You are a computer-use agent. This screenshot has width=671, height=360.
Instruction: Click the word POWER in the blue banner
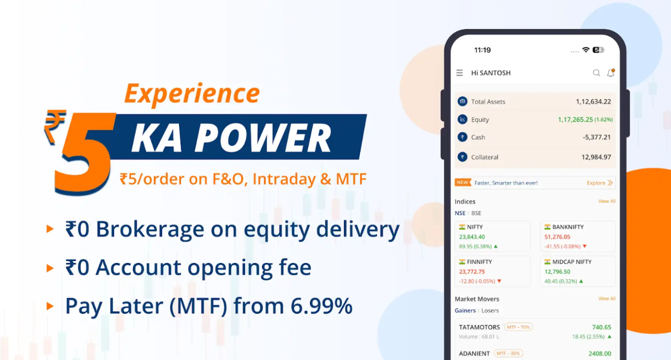click(x=263, y=138)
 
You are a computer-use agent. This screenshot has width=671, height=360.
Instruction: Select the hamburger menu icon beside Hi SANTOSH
click(x=459, y=73)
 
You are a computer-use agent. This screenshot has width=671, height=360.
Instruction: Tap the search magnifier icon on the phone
click(x=596, y=73)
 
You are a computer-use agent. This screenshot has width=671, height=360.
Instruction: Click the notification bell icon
click(x=611, y=73)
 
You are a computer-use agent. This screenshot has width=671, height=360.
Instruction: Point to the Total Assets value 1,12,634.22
click(x=593, y=102)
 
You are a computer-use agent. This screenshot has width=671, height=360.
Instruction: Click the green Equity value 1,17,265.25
click(x=575, y=119)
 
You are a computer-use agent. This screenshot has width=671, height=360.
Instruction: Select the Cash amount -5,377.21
click(x=596, y=137)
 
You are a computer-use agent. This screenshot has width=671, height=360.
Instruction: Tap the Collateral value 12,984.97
click(x=596, y=157)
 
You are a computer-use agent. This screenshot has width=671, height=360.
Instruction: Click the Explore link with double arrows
click(x=599, y=182)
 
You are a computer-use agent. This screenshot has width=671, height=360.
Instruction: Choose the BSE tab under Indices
click(x=476, y=213)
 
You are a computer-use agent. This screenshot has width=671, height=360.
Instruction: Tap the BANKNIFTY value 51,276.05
click(x=557, y=237)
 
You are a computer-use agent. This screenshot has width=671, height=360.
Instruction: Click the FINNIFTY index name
click(x=479, y=262)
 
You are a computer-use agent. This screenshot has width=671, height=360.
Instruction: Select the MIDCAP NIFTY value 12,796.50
click(x=557, y=271)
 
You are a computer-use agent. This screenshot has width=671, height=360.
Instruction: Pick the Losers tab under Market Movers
click(x=490, y=310)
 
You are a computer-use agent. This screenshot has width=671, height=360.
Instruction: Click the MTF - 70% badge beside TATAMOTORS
click(x=518, y=327)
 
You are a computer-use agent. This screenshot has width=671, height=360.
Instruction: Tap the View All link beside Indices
click(x=607, y=201)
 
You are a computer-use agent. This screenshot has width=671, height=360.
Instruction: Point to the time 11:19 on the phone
click(x=482, y=50)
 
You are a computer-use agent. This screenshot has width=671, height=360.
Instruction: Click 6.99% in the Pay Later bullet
click(x=321, y=306)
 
